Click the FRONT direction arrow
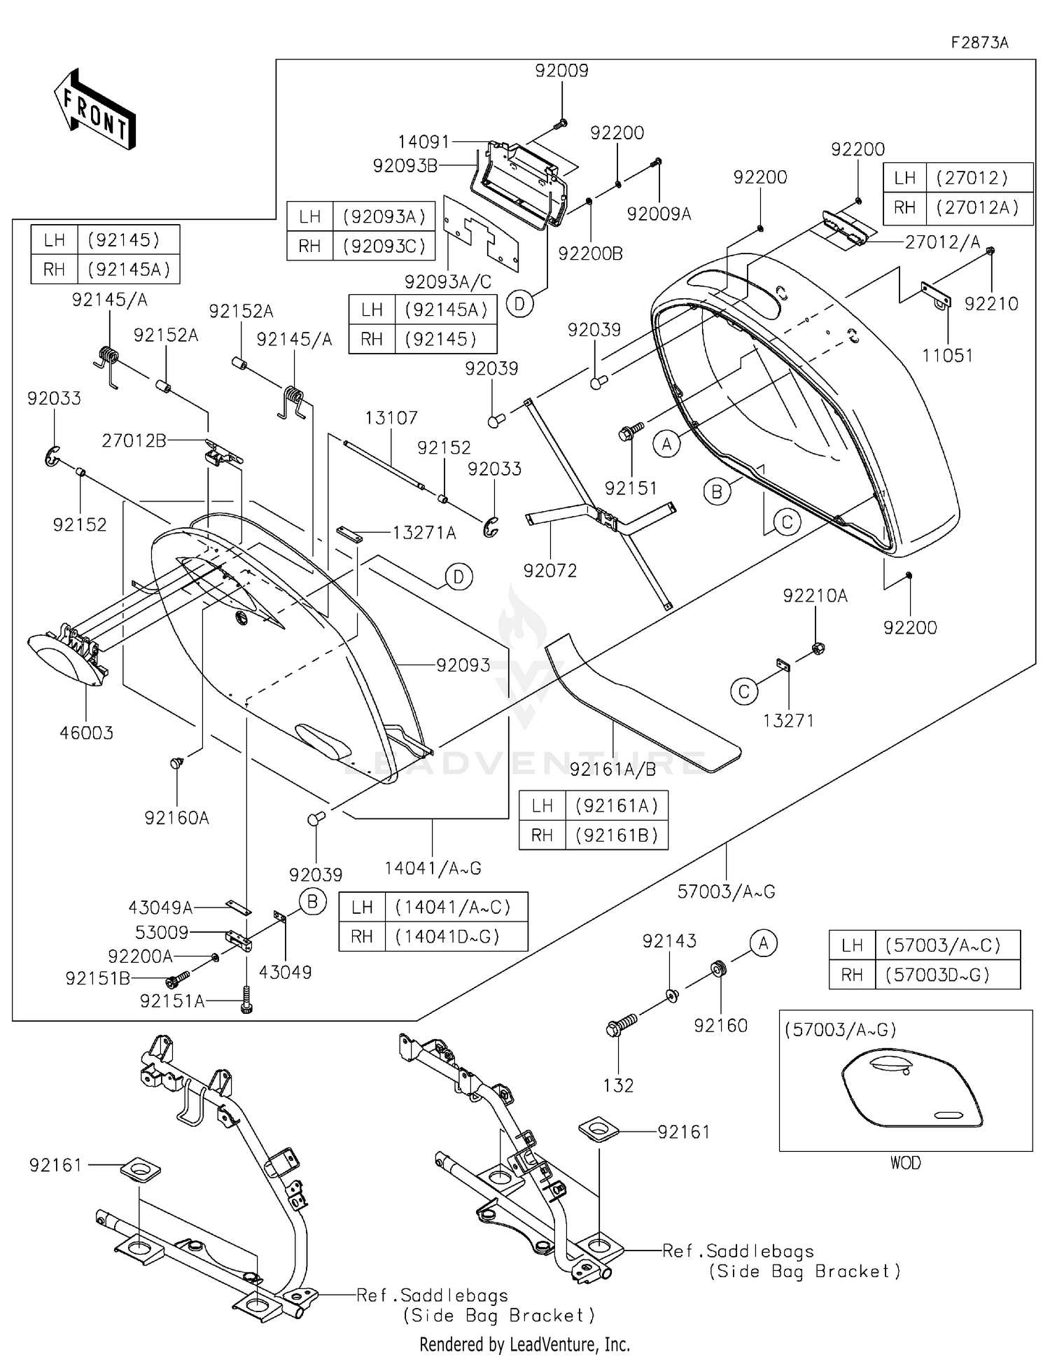94,109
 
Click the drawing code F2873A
979,43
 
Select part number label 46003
86,732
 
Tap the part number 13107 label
391,418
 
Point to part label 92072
550,571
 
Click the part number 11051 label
948,355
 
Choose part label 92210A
815,596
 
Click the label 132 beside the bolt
618,1085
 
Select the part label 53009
162,932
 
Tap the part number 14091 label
423,142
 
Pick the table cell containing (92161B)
617,835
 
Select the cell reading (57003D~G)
937,974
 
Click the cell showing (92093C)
384,246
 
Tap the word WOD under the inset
906,1163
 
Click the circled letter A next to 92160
763,944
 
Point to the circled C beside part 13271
744,692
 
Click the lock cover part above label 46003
66,658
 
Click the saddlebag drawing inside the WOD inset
912,1092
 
